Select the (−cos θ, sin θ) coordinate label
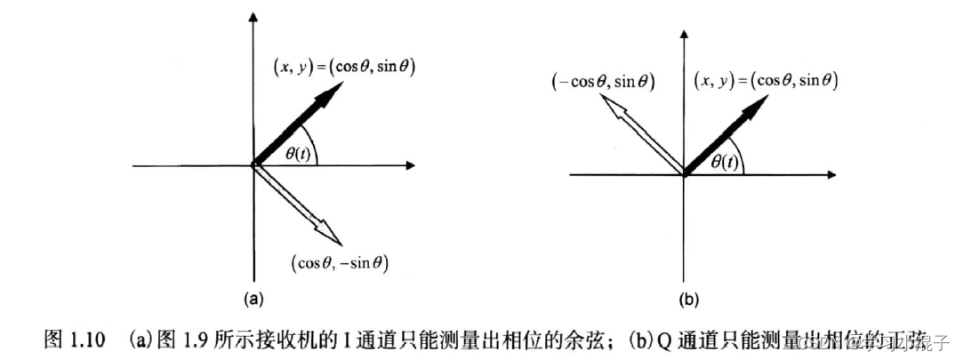pos(603,81)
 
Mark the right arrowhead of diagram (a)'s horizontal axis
pos(410,165)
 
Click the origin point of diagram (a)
pos(254,165)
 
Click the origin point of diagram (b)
pos(683,175)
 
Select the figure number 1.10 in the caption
pos(87,339)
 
